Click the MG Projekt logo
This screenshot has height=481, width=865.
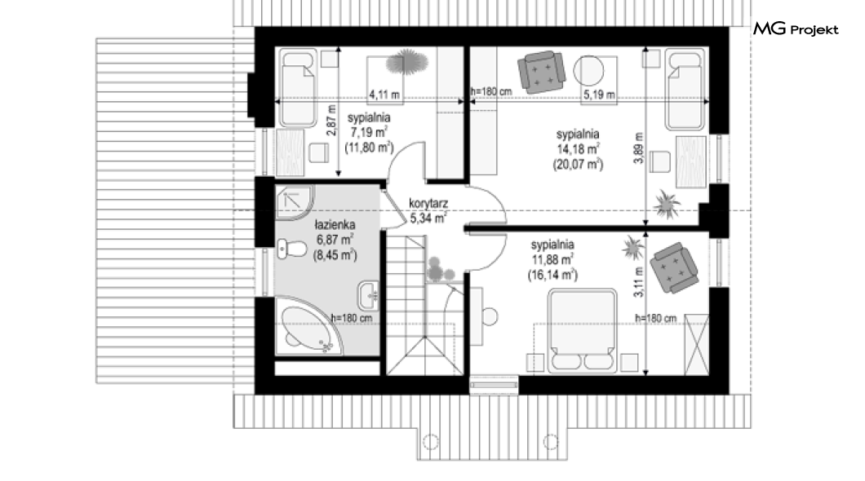[796, 29]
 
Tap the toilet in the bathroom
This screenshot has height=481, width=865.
[291, 249]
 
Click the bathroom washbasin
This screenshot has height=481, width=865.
[369, 295]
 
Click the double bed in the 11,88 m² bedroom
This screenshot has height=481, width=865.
[582, 330]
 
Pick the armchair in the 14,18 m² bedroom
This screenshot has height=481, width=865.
[541, 72]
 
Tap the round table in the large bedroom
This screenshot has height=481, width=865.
[589, 71]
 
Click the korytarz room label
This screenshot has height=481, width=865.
[428, 203]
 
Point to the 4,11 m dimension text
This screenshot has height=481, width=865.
[384, 95]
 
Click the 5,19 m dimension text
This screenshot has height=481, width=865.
[599, 95]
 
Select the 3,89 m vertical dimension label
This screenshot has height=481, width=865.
[639, 148]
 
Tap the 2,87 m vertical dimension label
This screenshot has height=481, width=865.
[331, 121]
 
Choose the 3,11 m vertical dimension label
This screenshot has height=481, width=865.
[639, 282]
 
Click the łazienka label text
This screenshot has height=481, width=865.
[335, 225]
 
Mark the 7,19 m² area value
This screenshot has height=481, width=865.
[369, 132]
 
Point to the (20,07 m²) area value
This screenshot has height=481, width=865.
[578, 164]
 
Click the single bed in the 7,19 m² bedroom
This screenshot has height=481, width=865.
[297, 87]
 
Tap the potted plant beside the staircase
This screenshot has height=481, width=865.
[440, 269]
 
